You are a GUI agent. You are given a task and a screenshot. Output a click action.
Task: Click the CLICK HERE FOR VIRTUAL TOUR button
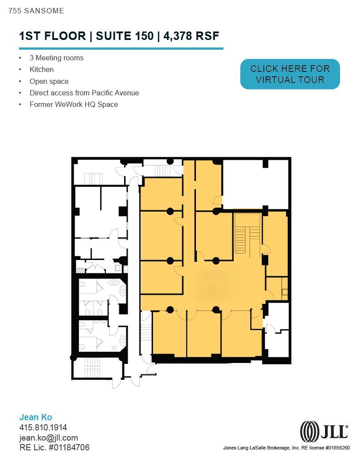(290, 74)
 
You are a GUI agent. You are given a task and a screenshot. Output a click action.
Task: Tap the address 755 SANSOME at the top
(36, 11)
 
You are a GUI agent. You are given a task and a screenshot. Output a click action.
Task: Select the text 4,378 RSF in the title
(192, 36)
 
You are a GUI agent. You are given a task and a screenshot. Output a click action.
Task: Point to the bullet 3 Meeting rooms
(56, 58)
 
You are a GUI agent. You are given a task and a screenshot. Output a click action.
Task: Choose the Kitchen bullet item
(42, 70)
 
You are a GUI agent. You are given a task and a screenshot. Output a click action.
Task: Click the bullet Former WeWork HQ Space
(74, 105)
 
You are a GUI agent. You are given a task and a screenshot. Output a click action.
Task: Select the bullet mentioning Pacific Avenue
(84, 93)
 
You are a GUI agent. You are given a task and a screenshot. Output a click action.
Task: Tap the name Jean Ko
(36, 417)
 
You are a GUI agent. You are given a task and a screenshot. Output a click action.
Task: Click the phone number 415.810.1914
(43, 428)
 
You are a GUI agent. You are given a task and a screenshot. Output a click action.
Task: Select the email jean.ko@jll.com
(49, 438)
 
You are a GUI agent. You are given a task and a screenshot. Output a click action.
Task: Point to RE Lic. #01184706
(55, 448)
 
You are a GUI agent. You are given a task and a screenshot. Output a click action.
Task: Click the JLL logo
(324, 431)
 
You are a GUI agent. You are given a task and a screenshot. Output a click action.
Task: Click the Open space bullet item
(49, 82)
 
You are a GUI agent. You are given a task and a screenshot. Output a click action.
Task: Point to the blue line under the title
(121, 48)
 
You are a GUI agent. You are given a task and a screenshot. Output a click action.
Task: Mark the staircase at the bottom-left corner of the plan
(93, 368)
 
